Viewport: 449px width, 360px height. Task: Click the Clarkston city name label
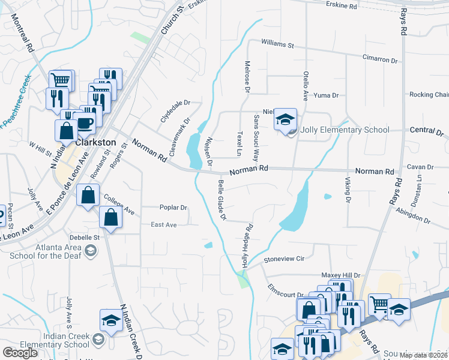tap(95, 142)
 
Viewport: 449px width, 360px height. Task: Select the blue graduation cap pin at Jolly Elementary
tap(286, 119)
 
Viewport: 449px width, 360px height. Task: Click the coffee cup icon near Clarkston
tap(85, 123)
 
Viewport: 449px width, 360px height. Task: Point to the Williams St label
tap(277, 44)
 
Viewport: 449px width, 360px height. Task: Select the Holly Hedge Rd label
tap(247, 245)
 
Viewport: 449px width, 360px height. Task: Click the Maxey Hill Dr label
tap(340, 275)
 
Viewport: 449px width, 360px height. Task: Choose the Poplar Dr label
tap(173, 208)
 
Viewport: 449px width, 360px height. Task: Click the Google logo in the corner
tap(20, 352)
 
